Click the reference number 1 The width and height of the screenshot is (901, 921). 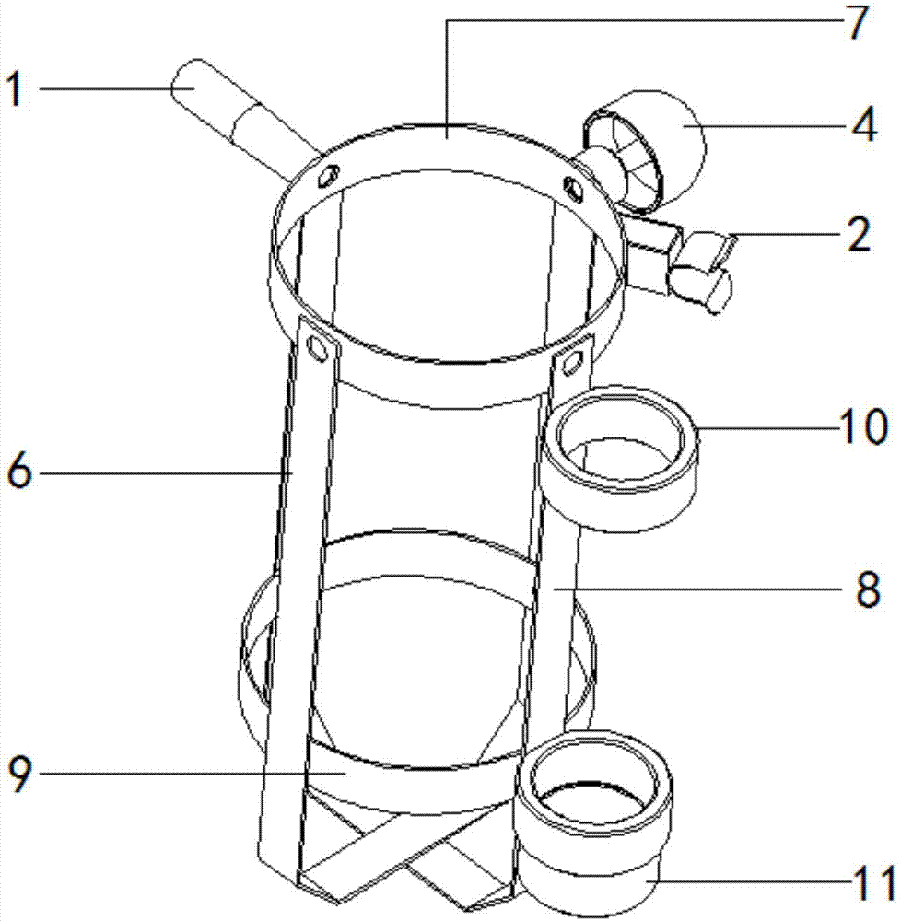point(16,89)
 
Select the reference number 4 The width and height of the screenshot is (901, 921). point(863,124)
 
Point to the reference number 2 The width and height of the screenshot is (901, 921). point(859,234)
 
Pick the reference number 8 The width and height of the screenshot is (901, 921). point(868,588)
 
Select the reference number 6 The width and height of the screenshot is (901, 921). point(19,472)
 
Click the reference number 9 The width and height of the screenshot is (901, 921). point(19,774)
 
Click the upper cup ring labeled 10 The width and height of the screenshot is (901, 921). point(619,458)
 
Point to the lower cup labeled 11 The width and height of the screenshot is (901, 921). point(593,822)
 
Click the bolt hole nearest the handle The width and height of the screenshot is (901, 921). point(327,174)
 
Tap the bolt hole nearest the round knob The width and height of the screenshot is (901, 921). point(573,187)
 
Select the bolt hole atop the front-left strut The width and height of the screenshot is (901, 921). point(317,348)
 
